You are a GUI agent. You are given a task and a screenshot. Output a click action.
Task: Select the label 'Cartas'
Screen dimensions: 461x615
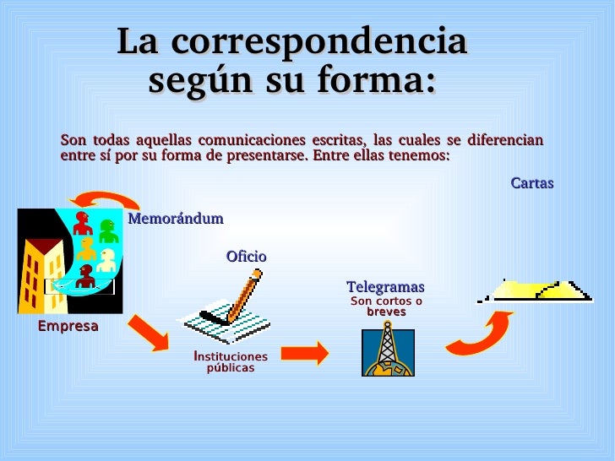pos(532,183)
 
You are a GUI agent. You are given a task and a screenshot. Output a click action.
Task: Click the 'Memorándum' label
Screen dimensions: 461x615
pos(176,219)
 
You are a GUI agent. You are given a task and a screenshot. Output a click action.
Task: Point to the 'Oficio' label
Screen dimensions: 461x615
pos(246,256)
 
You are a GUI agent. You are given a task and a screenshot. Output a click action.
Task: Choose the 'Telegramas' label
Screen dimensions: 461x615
pos(385,287)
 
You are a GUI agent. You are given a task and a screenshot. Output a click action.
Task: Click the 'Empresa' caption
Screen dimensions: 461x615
pos(68,326)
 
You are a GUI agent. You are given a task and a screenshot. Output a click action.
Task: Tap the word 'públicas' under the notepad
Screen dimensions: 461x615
pos(231,368)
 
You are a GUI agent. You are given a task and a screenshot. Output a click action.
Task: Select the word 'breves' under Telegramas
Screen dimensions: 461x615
pos(386,312)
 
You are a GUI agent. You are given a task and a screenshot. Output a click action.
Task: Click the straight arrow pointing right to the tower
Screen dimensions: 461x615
pos(306,353)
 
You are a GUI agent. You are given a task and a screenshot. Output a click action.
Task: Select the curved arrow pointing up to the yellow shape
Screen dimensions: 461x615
pos(480,334)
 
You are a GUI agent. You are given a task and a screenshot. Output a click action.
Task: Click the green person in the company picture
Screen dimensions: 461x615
pos(108,230)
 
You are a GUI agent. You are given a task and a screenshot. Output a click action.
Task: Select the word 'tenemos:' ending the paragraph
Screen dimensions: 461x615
pos(422,156)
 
